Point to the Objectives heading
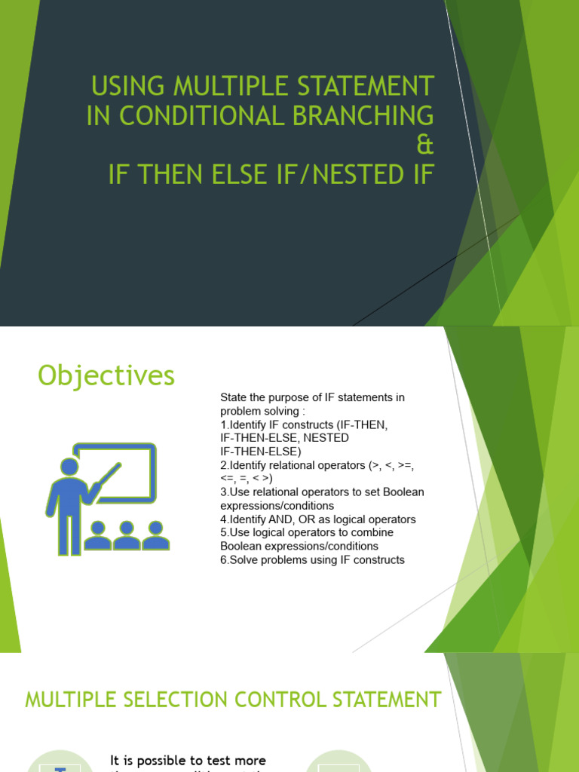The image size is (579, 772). [x=106, y=375]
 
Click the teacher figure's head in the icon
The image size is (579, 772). [x=69, y=468]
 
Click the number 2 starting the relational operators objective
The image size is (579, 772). [x=223, y=465]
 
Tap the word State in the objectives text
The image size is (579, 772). [x=233, y=397]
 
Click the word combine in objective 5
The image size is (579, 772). [x=373, y=532]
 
